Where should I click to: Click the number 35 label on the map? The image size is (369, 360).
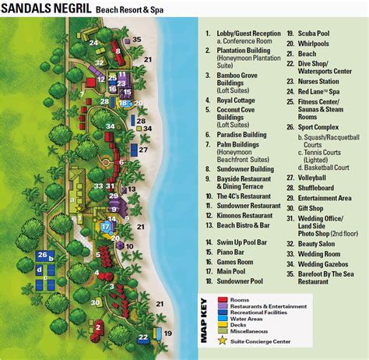coord(137,40)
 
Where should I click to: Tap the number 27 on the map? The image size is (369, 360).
coord(143,149)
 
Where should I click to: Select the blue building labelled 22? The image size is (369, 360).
coord(143,337)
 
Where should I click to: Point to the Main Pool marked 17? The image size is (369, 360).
coord(107,228)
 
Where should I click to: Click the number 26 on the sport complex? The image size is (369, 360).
coord(43,255)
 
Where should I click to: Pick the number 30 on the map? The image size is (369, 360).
coord(96,302)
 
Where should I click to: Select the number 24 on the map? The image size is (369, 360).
coord(93,42)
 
